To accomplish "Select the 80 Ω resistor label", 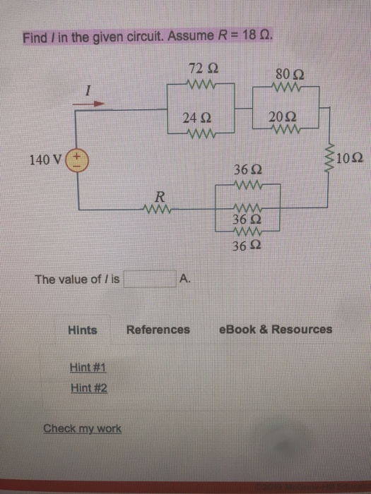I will (x=290, y=73).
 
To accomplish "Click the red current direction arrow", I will (x=90, y=104).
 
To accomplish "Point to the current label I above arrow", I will (x=88, y=90).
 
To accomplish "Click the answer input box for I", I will (x=149, y=279).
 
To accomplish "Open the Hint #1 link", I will (x=88, y=368).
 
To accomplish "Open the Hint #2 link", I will (x=88, y=387).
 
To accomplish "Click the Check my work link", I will (x=82, y=428).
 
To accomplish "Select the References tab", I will (x=158, y=330).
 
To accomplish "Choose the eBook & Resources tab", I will (x=276, y=330).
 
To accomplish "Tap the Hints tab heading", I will (x=83, y=330).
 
